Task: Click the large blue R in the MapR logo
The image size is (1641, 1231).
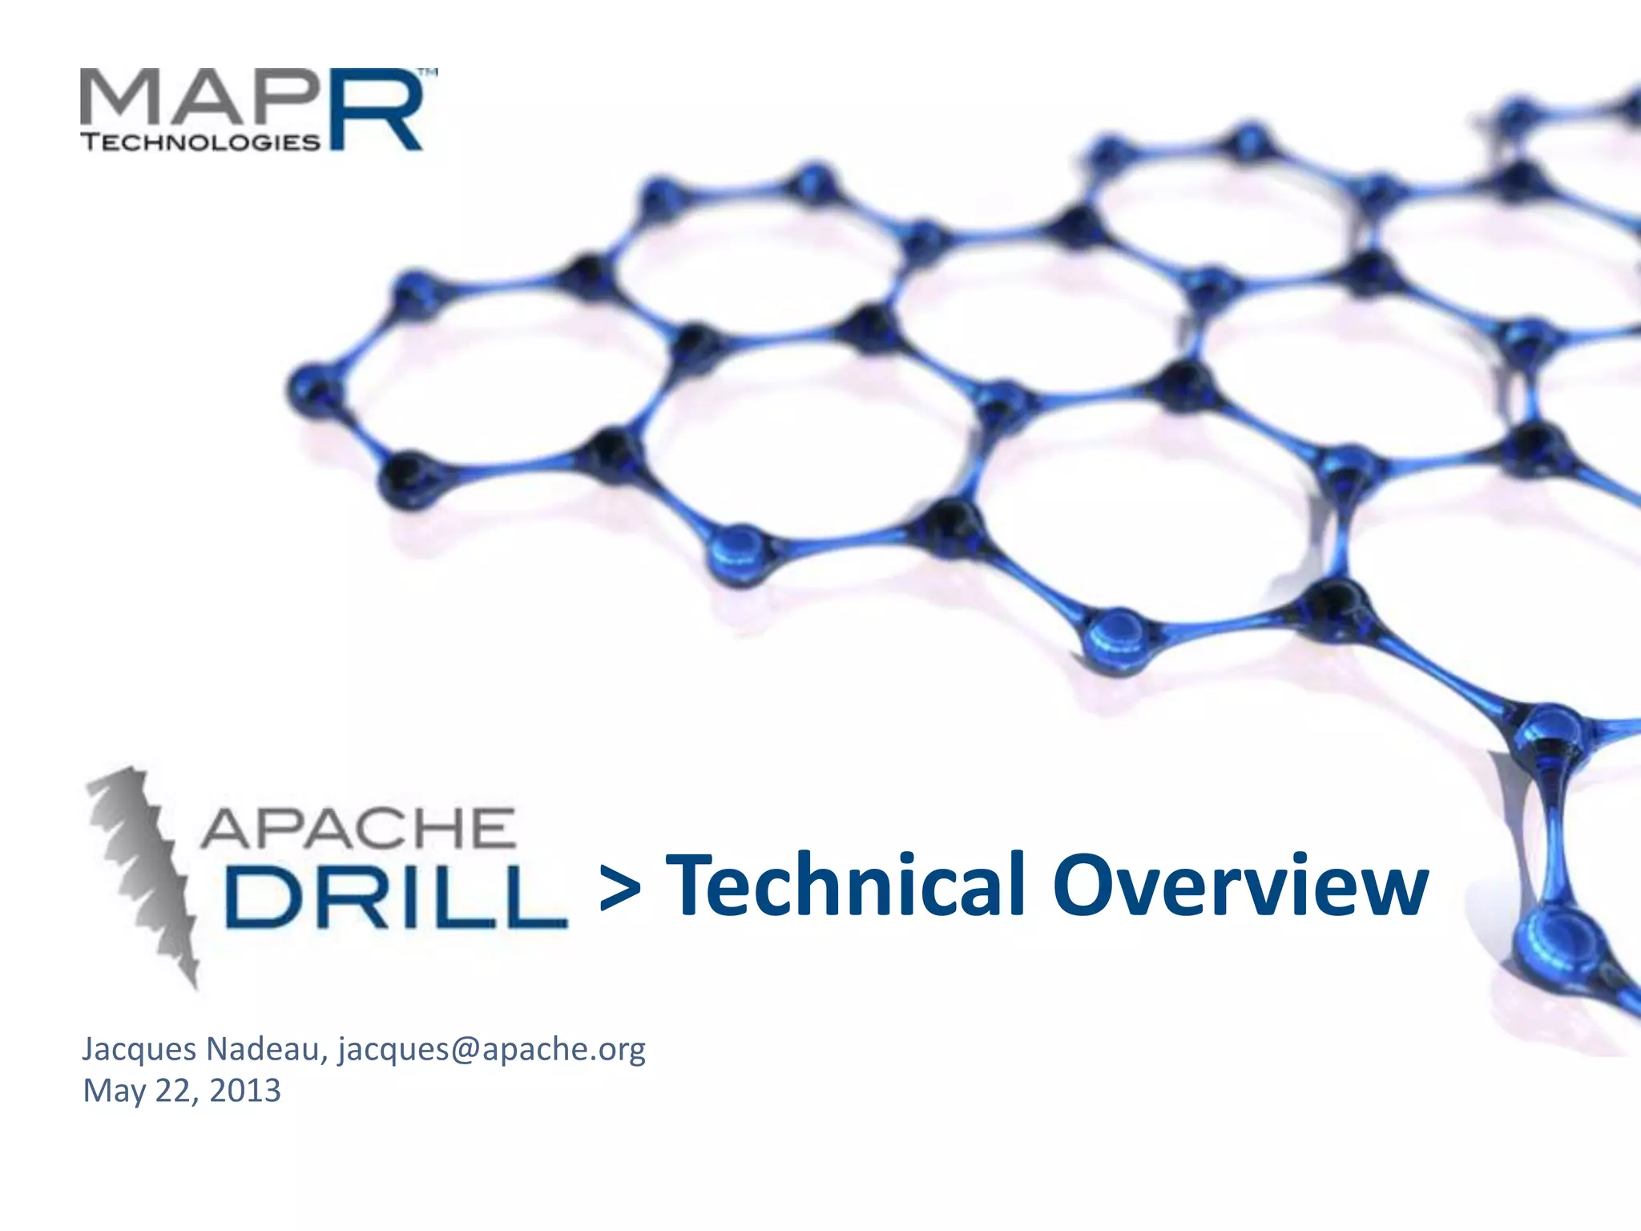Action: pyautogui.click(x=375, y=111)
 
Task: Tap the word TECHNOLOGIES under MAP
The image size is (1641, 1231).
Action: pyautogui.click(x=201, y=143)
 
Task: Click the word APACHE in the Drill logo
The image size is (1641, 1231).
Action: pyautogui.click(x=357, y=829)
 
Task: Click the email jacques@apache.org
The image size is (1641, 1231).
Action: pyautogui.click(x=491, y=1049)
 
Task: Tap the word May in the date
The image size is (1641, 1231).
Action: pyautogui.click(x=115, y=1092)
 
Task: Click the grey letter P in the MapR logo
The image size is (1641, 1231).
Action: pyautogui.click(x=287, y=99)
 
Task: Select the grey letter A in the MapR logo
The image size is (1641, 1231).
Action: pyautogui.click(x=208, y=99)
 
